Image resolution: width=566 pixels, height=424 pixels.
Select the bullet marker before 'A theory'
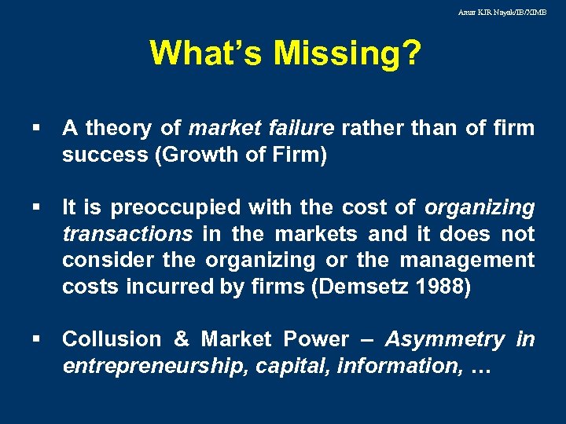(x=38, y=128)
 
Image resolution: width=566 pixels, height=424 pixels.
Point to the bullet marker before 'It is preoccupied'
(x=38, y=208)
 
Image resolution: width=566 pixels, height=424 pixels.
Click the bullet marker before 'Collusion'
(x=38, y=340)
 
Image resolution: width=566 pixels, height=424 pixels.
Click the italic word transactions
(x=127, y=234)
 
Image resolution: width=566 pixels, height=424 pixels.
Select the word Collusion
(x=111, y=339)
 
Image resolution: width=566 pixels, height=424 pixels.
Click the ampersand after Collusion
(x=182, y=339)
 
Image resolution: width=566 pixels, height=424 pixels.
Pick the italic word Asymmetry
(x=444, y=339)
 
